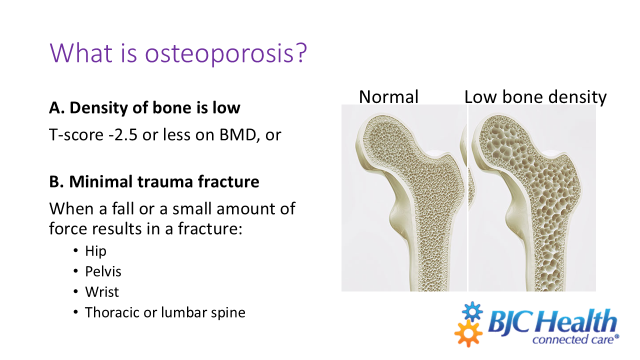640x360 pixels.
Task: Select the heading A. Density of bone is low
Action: coord(144,108)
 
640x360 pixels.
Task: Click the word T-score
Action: coord(73,135)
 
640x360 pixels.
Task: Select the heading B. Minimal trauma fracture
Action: coord(154,181)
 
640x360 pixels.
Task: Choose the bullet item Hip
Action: coord(95,250)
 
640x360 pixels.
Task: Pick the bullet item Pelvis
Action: coord(103,271)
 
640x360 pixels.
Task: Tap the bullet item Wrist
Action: coord(102,292)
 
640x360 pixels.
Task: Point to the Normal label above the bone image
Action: coord(388,97)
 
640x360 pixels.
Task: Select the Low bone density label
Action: coord(535,97)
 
